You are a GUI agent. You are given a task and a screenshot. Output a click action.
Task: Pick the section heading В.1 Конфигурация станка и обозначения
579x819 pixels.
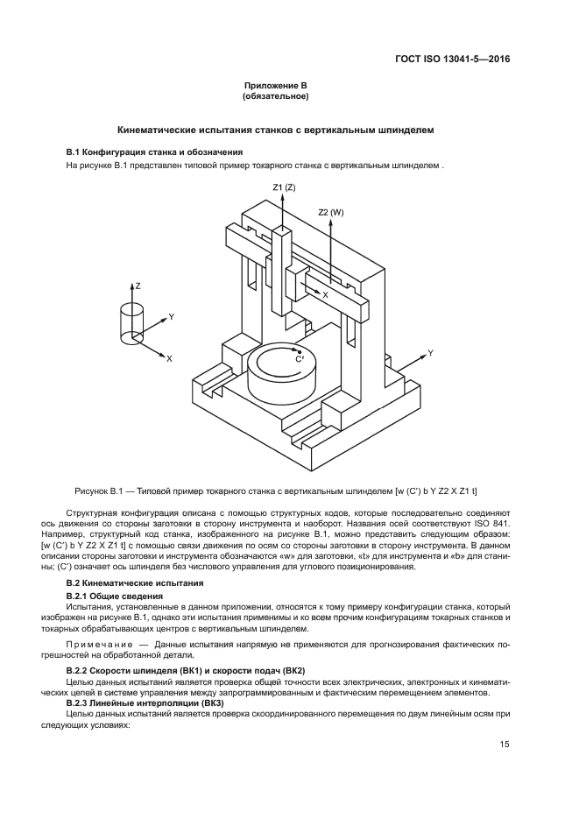point(149,152)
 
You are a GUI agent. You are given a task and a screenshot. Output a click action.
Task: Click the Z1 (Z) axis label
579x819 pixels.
point(284,187)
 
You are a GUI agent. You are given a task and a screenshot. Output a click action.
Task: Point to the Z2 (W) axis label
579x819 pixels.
point(331,212)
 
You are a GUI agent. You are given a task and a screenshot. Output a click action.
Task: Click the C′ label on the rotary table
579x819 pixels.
point(300,359)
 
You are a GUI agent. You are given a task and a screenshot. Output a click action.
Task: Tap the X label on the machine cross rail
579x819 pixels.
point(325,295)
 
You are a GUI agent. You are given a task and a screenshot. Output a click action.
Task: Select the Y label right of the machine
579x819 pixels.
point(430,353)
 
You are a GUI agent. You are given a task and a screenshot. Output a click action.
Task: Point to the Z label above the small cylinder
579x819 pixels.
point(137,286)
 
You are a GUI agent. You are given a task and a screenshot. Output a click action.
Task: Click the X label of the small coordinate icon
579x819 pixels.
point(169,359)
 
